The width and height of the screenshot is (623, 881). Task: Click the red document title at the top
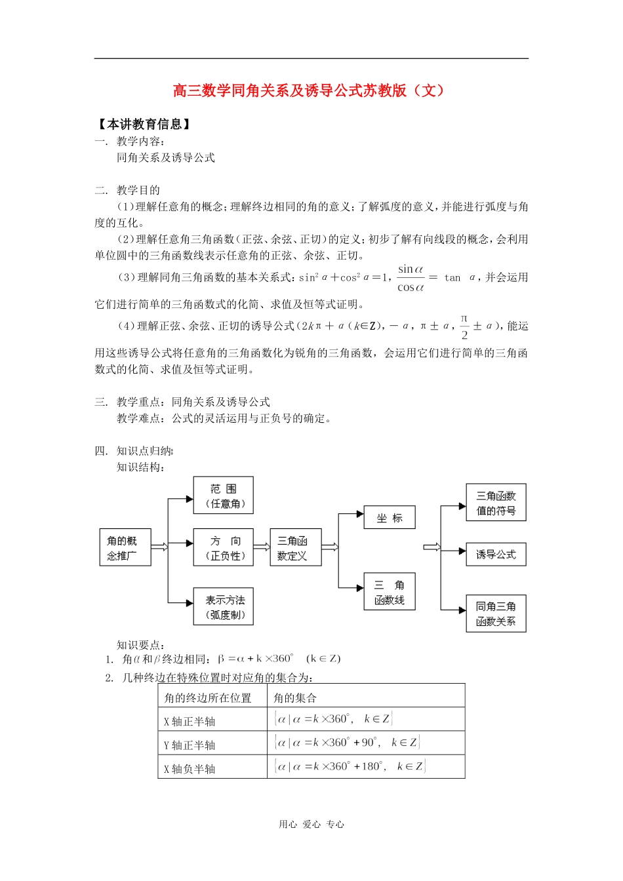(x=309, y=90)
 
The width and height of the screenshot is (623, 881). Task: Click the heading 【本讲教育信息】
(x=144, y=124)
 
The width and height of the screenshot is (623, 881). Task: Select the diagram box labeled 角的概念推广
(x=125, y=547)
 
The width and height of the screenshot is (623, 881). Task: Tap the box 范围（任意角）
(x=223, y=496)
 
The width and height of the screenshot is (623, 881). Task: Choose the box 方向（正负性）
(x=223, y=547)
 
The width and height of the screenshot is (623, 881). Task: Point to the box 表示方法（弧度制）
(x=223, y=606)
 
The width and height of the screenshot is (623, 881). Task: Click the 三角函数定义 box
(x=295, y=547)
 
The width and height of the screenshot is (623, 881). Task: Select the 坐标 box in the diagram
(x=390, y=518)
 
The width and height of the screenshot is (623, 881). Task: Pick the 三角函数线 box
(x=390, y=592)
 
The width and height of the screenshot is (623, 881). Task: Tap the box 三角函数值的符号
(x=496, y=503)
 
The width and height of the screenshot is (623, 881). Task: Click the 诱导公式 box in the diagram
(x=496, y=555)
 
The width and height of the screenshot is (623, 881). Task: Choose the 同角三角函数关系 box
(x=496, y=614)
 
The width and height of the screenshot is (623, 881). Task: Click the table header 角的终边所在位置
(x=208, y=697)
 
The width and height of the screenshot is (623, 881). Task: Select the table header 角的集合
(x=295, y=697)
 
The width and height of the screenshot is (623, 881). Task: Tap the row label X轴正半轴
(x=190, y=721)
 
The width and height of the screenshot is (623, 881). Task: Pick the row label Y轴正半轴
(x=190, y=745)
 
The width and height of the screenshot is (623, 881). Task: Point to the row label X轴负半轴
(x=190, y=768)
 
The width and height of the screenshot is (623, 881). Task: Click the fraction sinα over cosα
(x=411, y=278)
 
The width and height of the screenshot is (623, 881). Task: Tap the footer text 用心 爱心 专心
(x=311, y=824)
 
